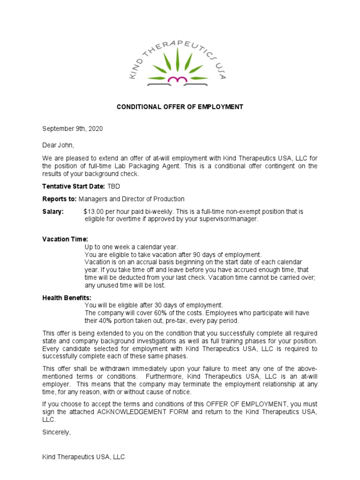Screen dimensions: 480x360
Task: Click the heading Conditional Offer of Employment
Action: pos(180,107)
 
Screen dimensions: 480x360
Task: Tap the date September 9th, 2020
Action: pos(73,128)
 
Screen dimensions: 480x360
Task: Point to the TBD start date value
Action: pos(114,186)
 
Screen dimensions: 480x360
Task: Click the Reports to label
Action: pos(60,199)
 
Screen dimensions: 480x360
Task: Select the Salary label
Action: pos(53,212)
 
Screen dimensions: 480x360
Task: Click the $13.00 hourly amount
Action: pos(95,212)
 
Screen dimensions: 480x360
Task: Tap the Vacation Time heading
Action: pos(65,239)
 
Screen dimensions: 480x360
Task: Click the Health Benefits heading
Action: pos(67,298)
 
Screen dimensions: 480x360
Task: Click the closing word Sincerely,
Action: pos(57,432)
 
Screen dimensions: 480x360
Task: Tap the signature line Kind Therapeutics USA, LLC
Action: pos(84,457)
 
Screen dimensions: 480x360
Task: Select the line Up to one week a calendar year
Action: pos(131,247)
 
